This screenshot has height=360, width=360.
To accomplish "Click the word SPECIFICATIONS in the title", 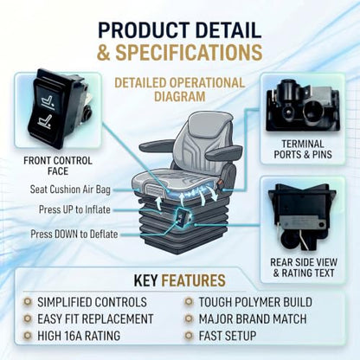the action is point(189,52).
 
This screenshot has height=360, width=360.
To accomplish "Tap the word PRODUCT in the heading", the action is point(144,30).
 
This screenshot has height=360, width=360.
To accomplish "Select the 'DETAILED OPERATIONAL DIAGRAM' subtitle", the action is point(179,90).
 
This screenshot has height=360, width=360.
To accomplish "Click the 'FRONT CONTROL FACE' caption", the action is point(58,166).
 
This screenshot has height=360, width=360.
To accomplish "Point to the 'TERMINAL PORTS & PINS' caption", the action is point(303,149).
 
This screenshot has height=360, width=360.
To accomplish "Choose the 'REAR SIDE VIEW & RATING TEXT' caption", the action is point(304,267).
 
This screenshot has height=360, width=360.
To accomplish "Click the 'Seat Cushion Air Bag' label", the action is point(70,190).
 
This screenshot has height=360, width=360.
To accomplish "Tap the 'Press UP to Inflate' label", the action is point(74,209).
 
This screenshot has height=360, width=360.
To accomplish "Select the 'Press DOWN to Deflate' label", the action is point(74,234).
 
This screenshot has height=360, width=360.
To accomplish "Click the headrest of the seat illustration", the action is point(210,122).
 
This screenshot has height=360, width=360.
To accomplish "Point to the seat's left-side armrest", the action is point(157,145).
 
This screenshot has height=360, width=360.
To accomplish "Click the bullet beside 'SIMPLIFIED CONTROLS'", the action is point(28,302).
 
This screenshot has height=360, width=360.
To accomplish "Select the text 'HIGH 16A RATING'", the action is point(79,336).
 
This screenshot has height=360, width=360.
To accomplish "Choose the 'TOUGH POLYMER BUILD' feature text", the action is point(255,302).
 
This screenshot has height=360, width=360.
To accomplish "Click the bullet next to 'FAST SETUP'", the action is point(189,336).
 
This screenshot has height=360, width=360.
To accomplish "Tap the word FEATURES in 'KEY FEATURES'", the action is point(193,280).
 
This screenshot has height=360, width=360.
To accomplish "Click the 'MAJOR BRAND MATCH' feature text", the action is point(253,318).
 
